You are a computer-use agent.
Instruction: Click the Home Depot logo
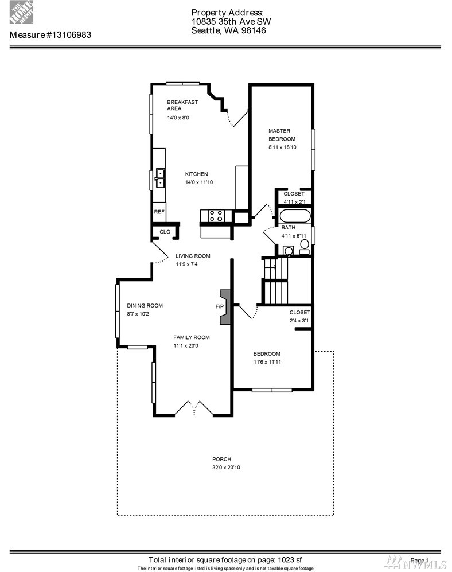point(22,13)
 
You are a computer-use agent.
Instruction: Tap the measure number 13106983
point(69,35)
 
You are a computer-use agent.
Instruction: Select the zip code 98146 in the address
point(254,30)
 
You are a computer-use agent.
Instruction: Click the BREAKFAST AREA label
point(182,105)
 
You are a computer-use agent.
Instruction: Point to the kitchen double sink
point(160,178)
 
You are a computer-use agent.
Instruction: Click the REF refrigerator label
point(159,212)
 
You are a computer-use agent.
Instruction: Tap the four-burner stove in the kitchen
point(216,216)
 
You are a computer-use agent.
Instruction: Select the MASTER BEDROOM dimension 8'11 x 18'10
point(282,147)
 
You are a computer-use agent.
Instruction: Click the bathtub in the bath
point(295,215)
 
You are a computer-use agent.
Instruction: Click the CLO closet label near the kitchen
point(165,232)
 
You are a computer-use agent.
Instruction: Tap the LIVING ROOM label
point(193,256)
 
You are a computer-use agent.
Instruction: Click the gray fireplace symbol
point(225,307)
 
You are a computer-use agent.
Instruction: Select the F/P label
point(220,307)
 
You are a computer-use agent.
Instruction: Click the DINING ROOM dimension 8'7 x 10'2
point(138,314)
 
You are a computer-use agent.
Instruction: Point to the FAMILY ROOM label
point(192,337)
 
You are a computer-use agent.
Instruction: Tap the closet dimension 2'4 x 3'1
point(299,321)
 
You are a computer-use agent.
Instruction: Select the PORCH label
point(222,460)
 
